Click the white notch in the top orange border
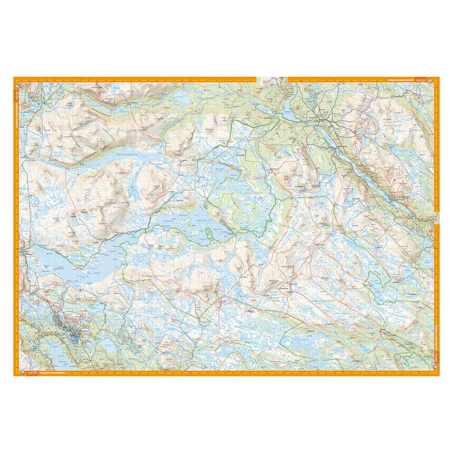(x=272, y=79)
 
